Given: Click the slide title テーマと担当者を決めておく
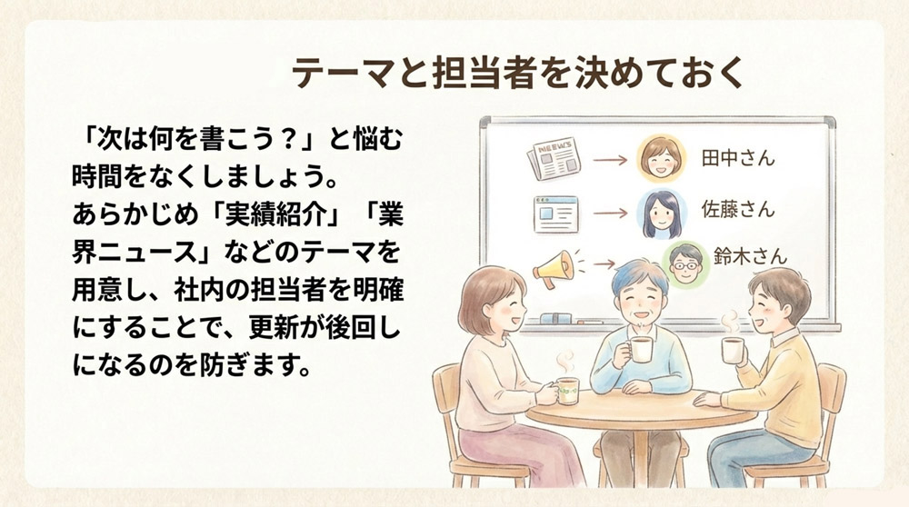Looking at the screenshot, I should click(x=519, y=74).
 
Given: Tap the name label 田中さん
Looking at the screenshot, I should click(x=738, y=158).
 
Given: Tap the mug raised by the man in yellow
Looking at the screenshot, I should click(x=733, y=350).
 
